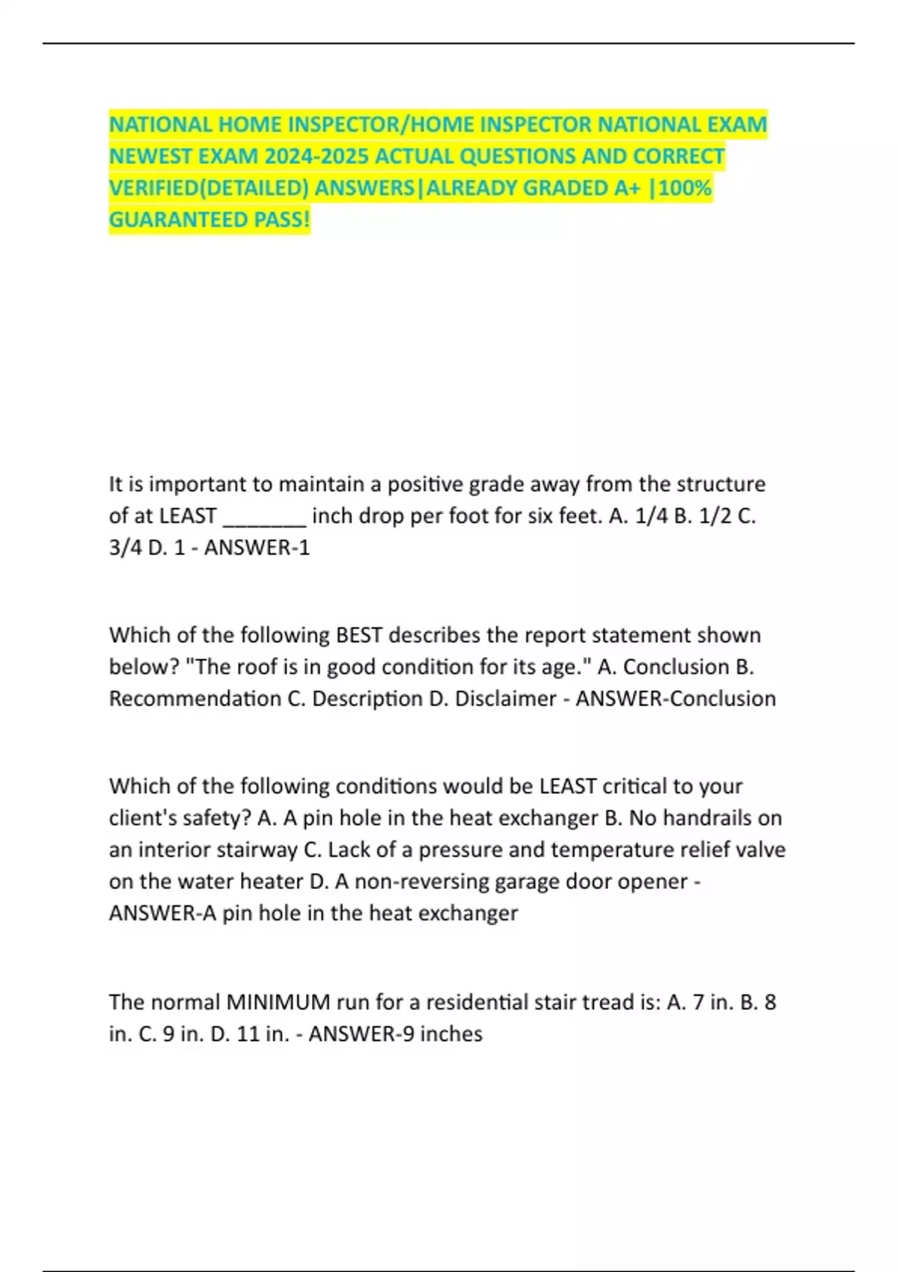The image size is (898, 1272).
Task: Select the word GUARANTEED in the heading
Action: point(168,219)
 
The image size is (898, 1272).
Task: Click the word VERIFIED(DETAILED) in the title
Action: point(209,187)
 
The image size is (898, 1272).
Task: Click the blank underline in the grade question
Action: point(264,516)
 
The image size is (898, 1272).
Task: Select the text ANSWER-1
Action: point(257,548)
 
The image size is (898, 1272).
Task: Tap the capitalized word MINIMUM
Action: point(278,1002)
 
